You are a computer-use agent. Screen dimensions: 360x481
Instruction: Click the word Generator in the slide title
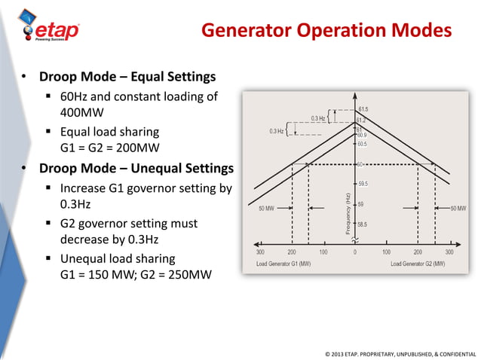pos(248,31)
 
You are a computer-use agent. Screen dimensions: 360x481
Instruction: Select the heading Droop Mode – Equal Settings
pos(127,77)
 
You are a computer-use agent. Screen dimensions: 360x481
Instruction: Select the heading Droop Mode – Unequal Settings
pos(136,168)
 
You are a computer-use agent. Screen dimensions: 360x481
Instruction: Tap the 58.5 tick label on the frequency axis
pos(363,224)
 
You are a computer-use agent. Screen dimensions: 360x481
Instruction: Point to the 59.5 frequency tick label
pos(363,184)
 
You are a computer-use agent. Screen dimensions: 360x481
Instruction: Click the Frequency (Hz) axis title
pos(348,213)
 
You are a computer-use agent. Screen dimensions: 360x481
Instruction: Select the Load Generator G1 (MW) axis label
pos(283,264)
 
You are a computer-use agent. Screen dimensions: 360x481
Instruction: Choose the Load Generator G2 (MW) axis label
pos(418,264)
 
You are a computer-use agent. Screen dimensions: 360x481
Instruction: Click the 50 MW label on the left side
pos(266,207)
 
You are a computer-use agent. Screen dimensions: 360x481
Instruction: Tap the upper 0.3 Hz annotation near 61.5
pos(318,118)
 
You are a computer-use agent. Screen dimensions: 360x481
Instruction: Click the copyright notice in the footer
pos(400,352)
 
